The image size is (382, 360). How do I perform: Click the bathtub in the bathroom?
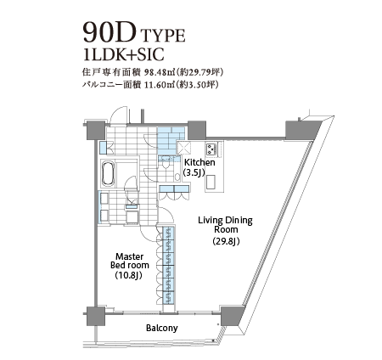point(108,174)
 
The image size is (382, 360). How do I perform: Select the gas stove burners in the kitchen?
point(211,149)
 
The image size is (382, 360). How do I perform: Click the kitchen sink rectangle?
point(211,182)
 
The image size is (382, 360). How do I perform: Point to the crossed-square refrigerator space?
point(183,148)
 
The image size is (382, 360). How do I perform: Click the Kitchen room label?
point(199,163)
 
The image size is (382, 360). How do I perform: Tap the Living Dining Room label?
point(225,224)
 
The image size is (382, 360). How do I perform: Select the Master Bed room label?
point(129,261)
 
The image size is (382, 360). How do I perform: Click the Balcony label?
point(162,328)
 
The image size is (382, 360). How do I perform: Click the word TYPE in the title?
point(163,36)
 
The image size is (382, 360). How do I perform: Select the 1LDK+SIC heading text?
point(124,54)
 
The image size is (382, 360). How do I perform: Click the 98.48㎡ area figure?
point(159,73)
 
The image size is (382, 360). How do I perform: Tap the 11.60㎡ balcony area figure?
point(159,85)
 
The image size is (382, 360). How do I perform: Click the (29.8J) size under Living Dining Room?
point(226,241)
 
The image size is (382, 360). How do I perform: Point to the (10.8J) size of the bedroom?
point(128,275)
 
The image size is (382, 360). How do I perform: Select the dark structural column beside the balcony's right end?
point(231,316)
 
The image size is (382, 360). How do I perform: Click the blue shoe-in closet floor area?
point(170,138)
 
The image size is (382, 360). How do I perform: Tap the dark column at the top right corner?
point(302,130)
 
